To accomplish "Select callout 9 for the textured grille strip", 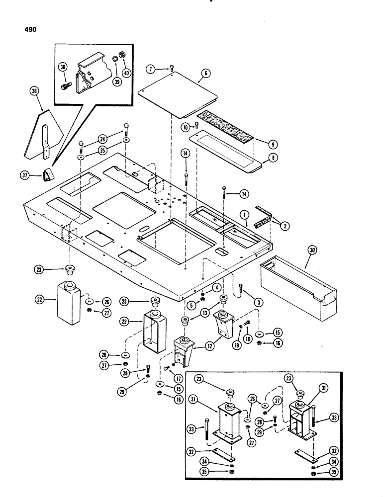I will (x=273, y=145).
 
